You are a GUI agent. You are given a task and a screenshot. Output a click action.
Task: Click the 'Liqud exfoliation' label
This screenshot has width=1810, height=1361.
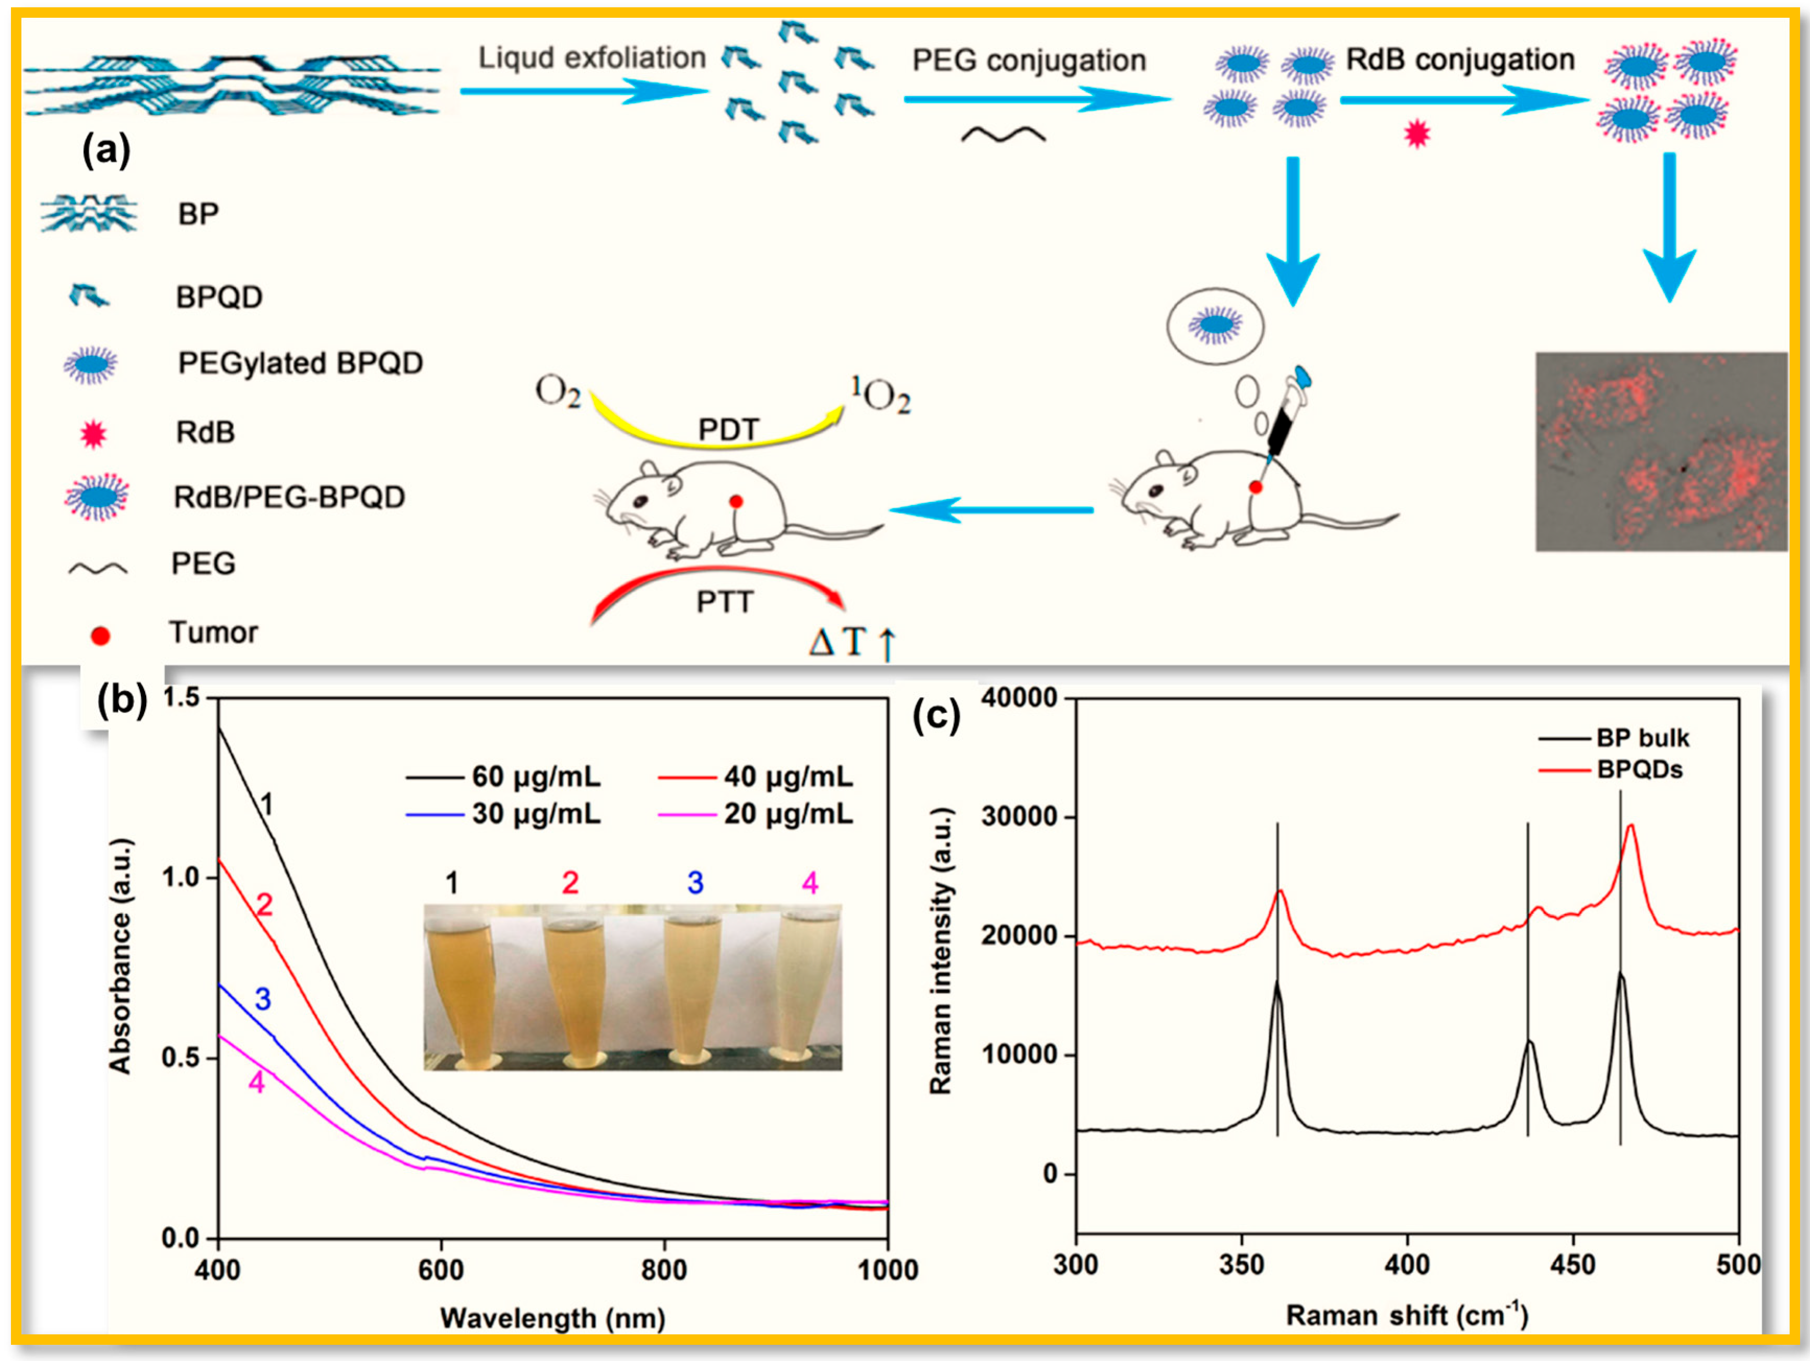(591, 58)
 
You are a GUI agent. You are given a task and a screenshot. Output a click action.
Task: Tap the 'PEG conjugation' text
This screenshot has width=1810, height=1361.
(1028, 61)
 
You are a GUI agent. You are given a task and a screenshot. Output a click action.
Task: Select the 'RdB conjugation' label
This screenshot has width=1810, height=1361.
(1461, 60)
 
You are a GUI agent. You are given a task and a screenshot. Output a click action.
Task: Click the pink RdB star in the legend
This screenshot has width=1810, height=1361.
(92, 433)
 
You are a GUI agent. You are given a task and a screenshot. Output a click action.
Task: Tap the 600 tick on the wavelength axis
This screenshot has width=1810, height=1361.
(441, 1269)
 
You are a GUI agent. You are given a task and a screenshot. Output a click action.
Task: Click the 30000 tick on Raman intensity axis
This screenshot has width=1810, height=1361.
(1018, 817)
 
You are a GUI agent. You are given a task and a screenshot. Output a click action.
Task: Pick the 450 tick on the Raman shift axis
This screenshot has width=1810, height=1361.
(1572, 1264)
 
